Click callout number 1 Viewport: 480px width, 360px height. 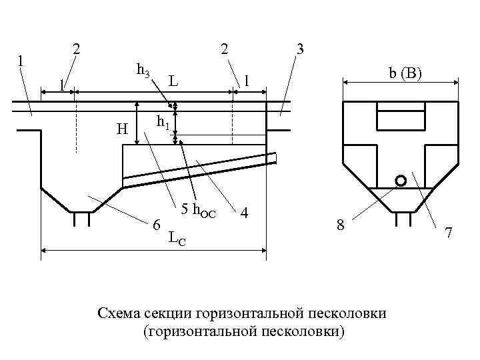coord(21,59)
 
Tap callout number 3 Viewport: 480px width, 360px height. coord(300,49)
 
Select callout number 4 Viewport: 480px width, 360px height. coord(245,213)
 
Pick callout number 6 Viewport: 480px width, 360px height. coord(157,225)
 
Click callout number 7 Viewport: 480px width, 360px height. coord(449,233)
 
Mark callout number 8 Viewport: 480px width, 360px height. coord(340,226)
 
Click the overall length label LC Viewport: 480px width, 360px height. coord(177,237)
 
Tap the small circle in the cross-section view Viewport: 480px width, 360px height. coord(400,181)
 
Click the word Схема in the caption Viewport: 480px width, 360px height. coord(120,313)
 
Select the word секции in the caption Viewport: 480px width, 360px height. coord(173,313)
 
